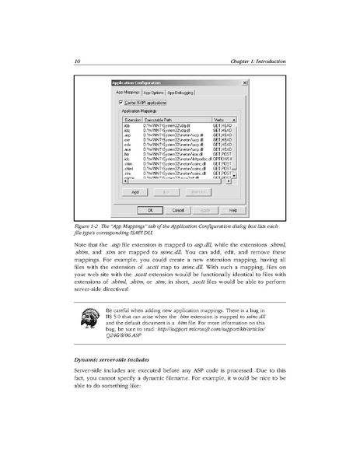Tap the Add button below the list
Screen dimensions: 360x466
135,191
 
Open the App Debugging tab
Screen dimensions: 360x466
180,93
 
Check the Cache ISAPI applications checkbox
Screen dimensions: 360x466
121,102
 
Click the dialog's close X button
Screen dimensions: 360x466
245,82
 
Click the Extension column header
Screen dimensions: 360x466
131,119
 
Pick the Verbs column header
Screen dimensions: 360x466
219,119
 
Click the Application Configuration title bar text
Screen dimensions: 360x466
137,82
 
